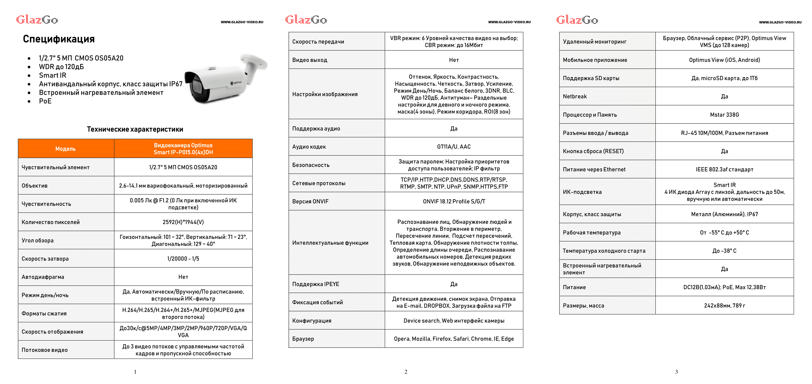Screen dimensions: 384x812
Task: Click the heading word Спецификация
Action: point(59,39)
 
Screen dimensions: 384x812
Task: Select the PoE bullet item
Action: point(45,101)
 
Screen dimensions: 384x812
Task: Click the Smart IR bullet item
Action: point(52,75)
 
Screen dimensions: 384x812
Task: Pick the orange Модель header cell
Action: point(65,149)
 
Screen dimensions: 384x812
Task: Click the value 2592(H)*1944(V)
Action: point(183,222)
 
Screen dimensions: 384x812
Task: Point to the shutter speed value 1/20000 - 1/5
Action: point(183,259)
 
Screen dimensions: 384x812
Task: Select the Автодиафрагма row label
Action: point(43,277)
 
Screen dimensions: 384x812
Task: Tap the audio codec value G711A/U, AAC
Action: point(454,146)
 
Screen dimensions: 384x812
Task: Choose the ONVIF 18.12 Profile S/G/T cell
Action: point(454,202)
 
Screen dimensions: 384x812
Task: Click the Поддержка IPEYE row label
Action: point(315,284)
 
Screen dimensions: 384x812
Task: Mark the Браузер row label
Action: point(303,339)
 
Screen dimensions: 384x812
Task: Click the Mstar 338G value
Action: point(724,115)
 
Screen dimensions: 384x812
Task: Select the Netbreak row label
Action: point(575,97)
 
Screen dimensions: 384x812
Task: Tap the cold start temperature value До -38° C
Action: point(724,251)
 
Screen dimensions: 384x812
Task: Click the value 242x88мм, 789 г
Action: point(724,306)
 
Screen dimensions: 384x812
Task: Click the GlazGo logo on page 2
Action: point(306,20)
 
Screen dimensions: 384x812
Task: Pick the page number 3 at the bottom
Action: point(676,372)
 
